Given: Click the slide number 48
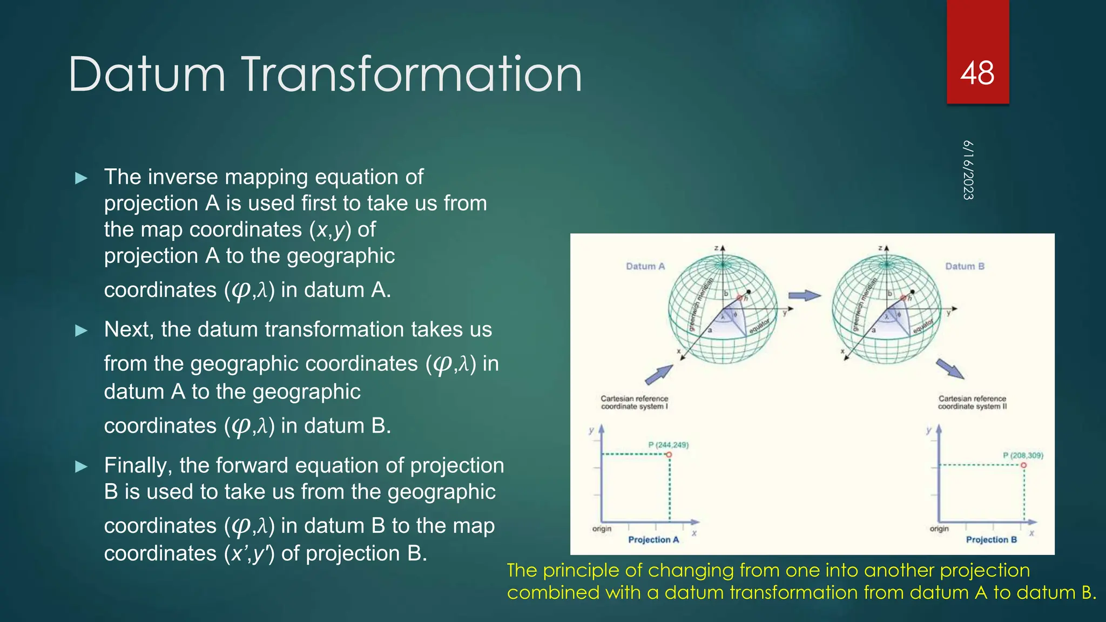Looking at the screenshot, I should click(977, 73).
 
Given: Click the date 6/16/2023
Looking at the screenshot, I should click(968, 170).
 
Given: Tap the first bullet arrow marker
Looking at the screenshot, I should click(82, 178).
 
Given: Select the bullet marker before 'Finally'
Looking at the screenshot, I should click(82, 466).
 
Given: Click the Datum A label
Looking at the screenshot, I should click(645, 266).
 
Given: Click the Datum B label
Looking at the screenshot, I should click(965, 266).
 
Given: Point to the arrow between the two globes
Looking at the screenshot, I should click(804, 295).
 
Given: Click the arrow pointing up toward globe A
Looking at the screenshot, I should click(659, 374).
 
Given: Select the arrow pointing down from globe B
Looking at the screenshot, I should click(950, 369).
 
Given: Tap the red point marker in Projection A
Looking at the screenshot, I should click(669, 455).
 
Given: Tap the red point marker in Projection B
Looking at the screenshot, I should click(1023, 465).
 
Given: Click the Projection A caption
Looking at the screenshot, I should click(653, 539).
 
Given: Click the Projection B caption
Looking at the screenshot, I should click(991, 539).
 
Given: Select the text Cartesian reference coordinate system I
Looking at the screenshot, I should click(634, 402).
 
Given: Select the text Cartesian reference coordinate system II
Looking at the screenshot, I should click(972, 402).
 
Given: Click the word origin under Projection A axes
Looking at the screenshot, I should click(602, 529).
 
